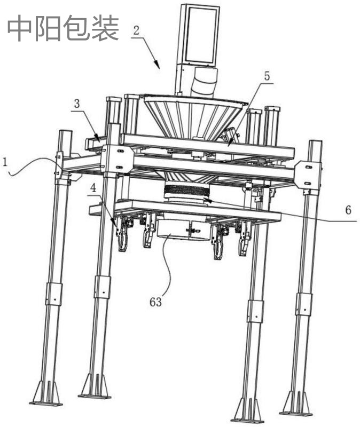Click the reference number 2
(x=137, y=30)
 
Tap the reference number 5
(x=267, y=76)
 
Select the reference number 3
(x=77, y=104)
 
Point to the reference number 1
(x=5, y=162)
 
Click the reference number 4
(x=93, y=188)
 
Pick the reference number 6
(x=348, y=210)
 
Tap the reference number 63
(x=155, y=302)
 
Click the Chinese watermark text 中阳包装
(x=63, y=28)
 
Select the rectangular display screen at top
(x=201, y=35)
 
